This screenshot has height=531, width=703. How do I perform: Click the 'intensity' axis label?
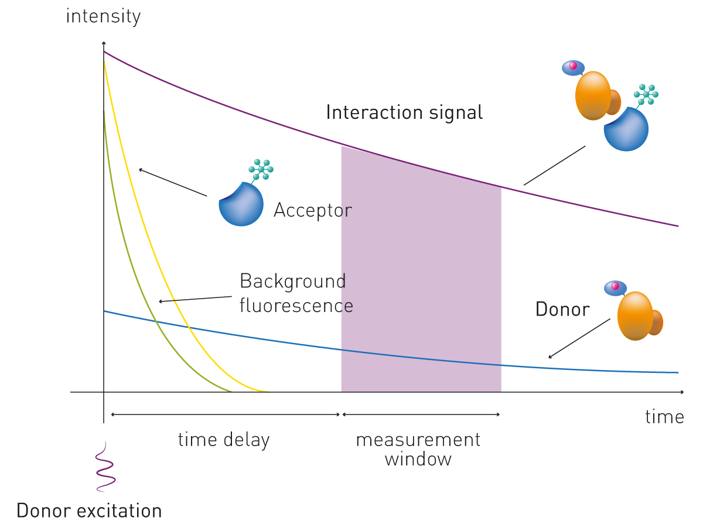click(103, 16)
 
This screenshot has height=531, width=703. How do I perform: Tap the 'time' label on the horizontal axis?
click(664, 417)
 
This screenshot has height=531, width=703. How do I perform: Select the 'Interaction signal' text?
click(404, 112)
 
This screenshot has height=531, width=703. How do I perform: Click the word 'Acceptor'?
click(313, 210)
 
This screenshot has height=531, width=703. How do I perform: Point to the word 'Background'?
click(293, 282)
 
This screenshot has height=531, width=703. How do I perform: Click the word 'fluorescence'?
click(296, 306)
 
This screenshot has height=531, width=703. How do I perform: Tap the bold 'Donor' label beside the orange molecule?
click(562, 309)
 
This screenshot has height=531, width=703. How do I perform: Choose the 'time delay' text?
click(224, 440)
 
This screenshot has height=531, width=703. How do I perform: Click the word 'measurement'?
click(418, 440)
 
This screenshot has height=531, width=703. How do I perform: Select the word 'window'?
click(418, 459)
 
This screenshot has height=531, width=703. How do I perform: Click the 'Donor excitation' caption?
click(89, 510)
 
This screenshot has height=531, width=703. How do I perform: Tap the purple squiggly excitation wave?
click(105, 467)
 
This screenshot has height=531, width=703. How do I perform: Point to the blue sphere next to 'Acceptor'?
click(241, 204)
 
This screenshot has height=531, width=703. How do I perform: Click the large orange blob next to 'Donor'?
click(635, 316)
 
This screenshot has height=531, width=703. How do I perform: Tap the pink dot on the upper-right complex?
click(574, 66)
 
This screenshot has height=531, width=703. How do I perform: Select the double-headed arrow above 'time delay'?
click(225, 414)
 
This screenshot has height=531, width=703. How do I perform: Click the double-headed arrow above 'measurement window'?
click(421, 414)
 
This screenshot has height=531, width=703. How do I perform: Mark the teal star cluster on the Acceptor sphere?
click(261, 169)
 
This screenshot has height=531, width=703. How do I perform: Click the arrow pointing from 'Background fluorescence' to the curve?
click(195, 299)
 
